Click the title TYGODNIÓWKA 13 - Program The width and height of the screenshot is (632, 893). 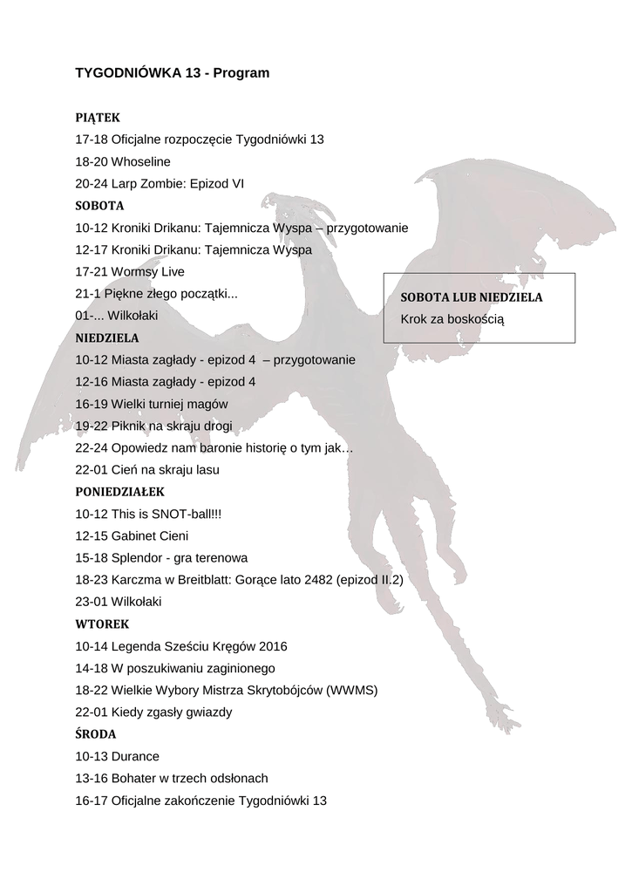tap(173, 73)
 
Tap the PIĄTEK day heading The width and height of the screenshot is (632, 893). tap(98, 117)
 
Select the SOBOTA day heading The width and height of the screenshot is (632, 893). tap(99, 206)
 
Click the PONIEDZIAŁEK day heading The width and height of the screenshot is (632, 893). tap(119, 491)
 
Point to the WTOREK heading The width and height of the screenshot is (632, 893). tap(102, 624)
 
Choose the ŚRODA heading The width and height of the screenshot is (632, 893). tap(96, 734)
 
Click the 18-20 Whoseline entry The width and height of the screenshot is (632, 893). tap(123, 161)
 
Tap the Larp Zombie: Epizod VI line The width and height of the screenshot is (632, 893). tap(160, 184)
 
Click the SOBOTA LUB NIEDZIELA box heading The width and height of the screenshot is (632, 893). tap(471, 297)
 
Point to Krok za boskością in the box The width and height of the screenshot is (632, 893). tap(452, 319)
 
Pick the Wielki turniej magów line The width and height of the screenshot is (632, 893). tap(152, 404)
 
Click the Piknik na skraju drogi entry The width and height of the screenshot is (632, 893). tap(153, 426)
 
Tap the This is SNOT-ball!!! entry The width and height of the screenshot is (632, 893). tap(148, 514)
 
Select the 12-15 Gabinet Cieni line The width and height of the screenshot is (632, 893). tap(132, 535)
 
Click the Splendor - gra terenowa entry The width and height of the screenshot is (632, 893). tap(161, 557)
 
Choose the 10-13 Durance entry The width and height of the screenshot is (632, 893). tap(118, 756)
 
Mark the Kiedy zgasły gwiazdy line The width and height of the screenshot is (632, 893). tap(153, 712)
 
